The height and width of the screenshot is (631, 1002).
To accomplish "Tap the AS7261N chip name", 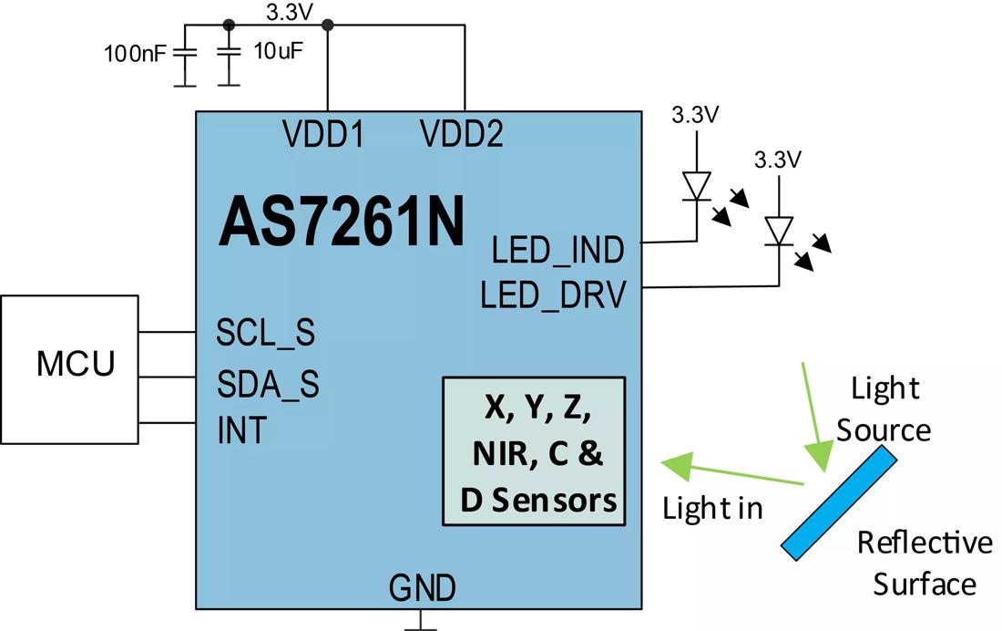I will [x=342, y=222].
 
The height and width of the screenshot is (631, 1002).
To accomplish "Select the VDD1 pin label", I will [x=323, y=135].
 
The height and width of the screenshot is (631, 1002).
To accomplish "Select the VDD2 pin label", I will [x=462, y=135].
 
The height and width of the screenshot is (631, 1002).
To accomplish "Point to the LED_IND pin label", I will [x=557, y=250].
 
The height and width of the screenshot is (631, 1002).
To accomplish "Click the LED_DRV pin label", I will [x=554, y=295].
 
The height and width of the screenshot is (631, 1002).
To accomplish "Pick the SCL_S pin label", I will [x=265, y=333].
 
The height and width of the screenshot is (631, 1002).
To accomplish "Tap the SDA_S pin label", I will [x=268, y=385].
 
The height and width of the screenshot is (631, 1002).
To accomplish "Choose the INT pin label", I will [x=241, y=429].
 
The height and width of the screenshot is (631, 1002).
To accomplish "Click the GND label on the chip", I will [x=422, y=587].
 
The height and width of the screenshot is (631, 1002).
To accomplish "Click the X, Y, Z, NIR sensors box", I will [x=534, y=450].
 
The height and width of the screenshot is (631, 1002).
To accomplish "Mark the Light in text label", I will [x=712, y=508].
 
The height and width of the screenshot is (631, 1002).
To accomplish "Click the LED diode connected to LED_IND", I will [x=697, y=186].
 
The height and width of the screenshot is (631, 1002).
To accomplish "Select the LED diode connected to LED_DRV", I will [x=780, y=230].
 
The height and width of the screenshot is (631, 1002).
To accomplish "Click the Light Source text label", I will [x=884, y=409].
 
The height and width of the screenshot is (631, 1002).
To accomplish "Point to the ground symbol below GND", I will [x=421, y=623].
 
